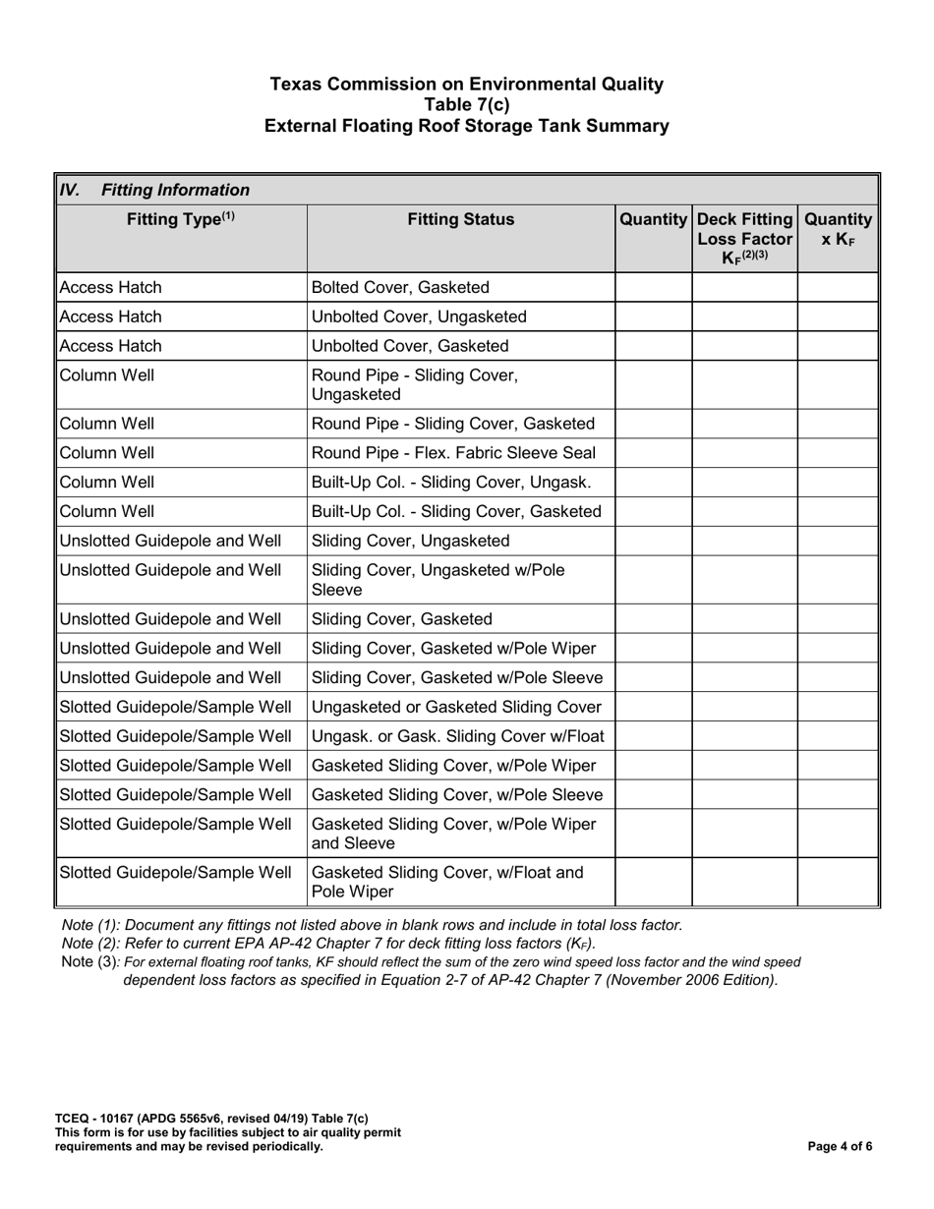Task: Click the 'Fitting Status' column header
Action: click(461, 220)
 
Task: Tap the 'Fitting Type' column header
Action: click(181, 220)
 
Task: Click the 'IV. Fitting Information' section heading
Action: click(155, 190)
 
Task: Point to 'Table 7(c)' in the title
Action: click(467, 105)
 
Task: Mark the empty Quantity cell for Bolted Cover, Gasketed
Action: click(654, 288)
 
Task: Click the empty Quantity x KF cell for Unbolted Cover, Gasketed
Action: click(836, 346)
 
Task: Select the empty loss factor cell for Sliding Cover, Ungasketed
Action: click(744, 541)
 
